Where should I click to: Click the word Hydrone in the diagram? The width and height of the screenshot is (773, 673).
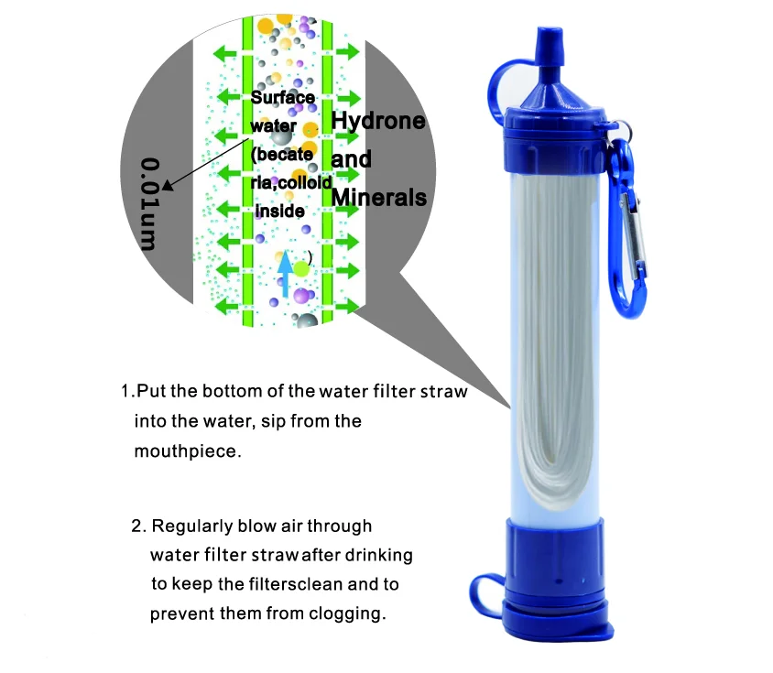coord(378,122)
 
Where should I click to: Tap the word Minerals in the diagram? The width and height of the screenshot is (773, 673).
coord(378,197)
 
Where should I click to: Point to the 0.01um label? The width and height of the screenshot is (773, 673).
coord(149,203)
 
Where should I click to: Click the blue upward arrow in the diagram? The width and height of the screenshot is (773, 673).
coord(284,273)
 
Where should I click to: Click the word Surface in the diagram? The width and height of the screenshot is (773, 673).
coord(282,98)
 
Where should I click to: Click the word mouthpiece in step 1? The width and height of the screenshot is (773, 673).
coord(187,451)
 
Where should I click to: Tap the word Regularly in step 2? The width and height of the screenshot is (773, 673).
coord(195,526)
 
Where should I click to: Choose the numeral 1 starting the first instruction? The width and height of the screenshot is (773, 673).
coord(125,392)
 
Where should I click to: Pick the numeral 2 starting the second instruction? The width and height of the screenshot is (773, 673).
coord(137,526)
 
